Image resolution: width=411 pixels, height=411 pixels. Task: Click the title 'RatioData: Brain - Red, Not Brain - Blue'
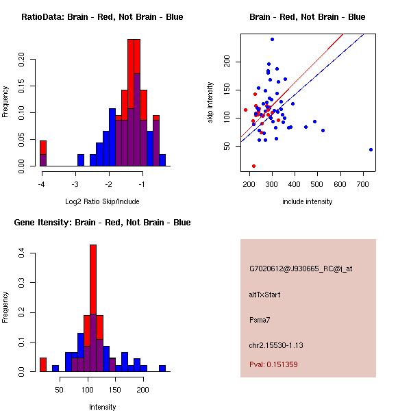point(102,16)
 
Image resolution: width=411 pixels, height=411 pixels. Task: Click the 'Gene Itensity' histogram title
point(102,222)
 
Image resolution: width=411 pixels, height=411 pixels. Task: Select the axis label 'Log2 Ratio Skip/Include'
point(102,201)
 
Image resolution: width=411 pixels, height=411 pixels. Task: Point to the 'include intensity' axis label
point(308,201)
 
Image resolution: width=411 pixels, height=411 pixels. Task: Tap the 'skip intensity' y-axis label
point(210,103)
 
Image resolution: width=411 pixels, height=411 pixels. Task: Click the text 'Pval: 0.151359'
point(273,364)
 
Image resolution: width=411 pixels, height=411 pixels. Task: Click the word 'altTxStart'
point(265,295)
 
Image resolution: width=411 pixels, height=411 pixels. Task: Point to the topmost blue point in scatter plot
point(272,39)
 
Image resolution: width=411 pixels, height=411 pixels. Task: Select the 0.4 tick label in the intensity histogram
point(23,253)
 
